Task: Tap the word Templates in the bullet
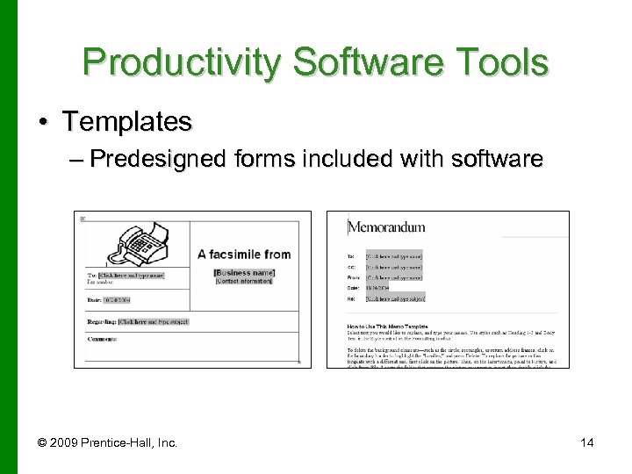[x=126, y=121]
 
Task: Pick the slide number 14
[x=586, y=442]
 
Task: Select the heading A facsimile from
[x=244, y=255]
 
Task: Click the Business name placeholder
[x=244, y=273]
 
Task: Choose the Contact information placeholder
[x=244, y=281]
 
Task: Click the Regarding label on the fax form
[x=101, y=322]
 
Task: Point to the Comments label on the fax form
[x=102, y=339]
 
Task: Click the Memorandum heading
[x=386, y=227]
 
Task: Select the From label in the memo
[x=352, y=276]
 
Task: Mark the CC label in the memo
[x=350, y=266]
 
